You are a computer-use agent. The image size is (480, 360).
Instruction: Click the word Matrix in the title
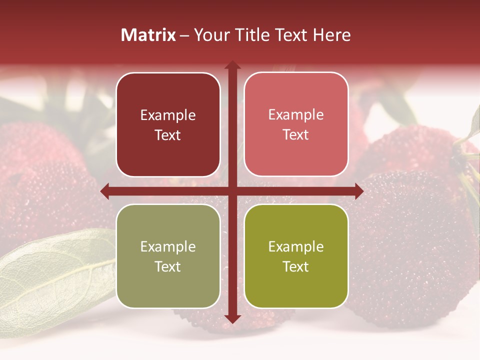148,35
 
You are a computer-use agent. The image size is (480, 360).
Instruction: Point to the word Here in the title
331,35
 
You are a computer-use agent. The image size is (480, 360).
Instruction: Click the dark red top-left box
168,124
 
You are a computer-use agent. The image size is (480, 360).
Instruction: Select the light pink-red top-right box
296,124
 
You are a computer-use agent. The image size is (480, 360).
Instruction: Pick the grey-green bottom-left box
168,256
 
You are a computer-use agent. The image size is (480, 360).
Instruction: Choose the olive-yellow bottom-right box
296,256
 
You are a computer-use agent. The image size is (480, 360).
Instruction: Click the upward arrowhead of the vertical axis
232,65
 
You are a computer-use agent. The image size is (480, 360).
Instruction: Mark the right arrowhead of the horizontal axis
358,191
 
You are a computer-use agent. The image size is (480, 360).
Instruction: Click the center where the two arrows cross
232,191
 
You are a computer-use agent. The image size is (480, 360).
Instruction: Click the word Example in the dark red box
168,115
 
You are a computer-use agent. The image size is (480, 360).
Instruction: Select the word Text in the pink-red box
296,135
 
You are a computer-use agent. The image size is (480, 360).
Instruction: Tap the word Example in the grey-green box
168,247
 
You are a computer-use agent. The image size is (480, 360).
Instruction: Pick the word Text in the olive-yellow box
296,266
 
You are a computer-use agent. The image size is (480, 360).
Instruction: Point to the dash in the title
184,35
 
